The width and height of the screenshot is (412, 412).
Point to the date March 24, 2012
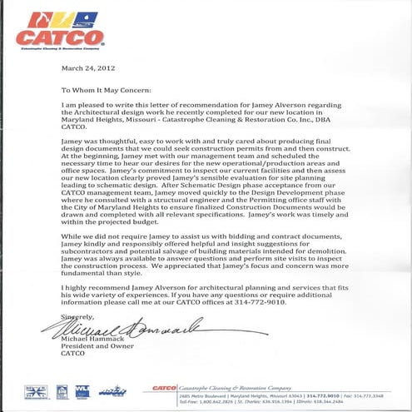point(90,68)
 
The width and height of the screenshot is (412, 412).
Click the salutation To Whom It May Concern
point(106,88)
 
